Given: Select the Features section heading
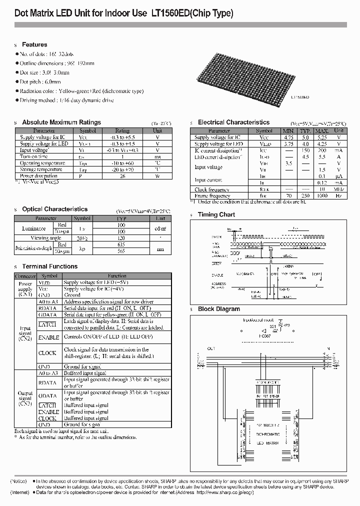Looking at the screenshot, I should click(x=34, y=44).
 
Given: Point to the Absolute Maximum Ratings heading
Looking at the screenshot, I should click(x=61, y=122).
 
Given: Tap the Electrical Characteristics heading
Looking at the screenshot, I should click(x=233, y=122).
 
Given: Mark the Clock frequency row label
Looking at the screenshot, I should click(x=212, y=189).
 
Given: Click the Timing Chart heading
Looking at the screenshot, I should click(x=216, y=214).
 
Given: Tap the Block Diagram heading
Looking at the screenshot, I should click(x=219, y=309).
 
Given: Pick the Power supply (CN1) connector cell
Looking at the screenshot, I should click(x=25, y=289).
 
